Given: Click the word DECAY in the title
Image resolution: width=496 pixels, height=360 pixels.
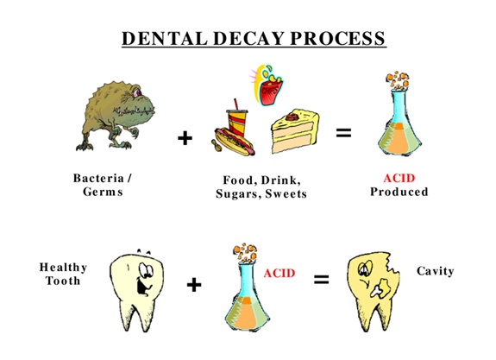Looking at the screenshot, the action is coord(248,38).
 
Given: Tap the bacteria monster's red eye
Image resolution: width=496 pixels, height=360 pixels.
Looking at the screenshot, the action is coord(137,92).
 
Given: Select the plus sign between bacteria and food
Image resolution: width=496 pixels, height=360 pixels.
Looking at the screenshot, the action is coord(185,138).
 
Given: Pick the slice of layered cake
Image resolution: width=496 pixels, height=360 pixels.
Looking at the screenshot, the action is coord(295,131).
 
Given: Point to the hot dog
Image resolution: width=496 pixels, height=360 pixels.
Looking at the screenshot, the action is coord(234,142).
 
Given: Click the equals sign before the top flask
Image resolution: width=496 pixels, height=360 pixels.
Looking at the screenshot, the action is coord(343,133).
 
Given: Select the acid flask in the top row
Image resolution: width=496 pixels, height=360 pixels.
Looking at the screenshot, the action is coord(399,117).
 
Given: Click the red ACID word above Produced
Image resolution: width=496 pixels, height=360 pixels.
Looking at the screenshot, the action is coord(399,178).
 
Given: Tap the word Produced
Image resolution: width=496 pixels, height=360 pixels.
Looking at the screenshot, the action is coord(399,192).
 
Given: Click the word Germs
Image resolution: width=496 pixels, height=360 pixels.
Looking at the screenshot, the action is coord(103,192).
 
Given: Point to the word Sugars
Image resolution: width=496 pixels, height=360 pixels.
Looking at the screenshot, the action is coord(239,193).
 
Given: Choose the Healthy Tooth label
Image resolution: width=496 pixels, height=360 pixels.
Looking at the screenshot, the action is coord(63,275).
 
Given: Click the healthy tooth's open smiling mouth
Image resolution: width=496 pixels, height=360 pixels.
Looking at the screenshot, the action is coord(141,285).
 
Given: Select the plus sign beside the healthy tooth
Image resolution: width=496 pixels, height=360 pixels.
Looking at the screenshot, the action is coord(194,285).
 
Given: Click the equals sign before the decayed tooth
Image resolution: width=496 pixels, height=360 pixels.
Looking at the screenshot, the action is coord(321,280).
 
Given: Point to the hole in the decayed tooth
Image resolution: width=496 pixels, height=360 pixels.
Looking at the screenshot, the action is coord(380,287).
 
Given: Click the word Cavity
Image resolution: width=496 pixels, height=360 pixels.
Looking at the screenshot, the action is coord(436,271).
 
